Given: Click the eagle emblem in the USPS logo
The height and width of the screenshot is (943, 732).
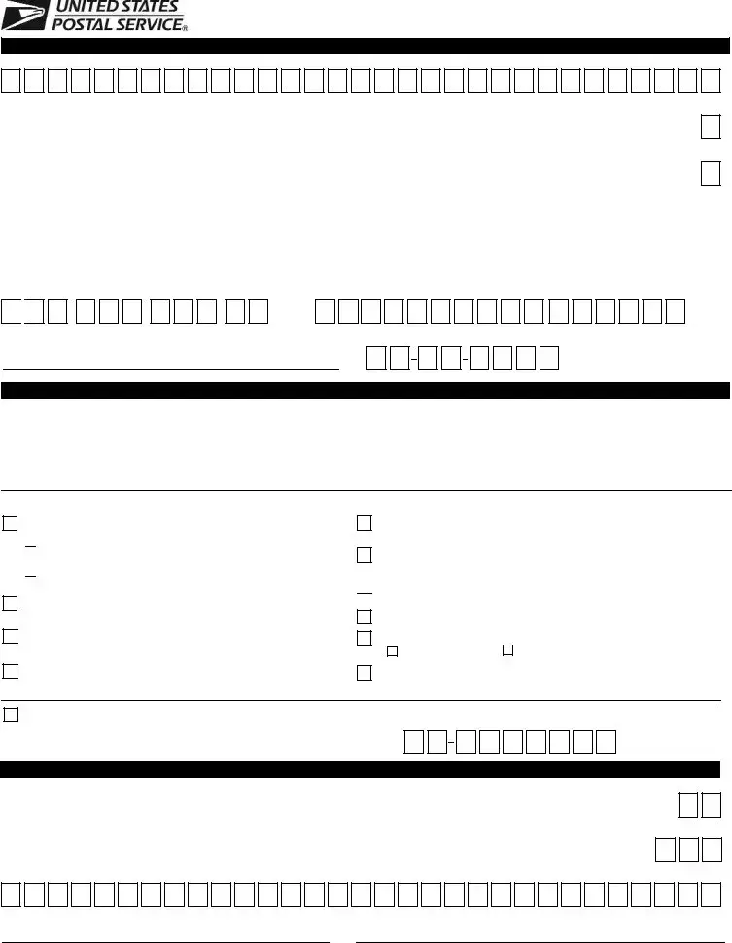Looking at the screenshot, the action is point(25,15).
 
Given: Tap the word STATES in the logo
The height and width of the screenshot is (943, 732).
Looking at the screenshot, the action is point(149,7).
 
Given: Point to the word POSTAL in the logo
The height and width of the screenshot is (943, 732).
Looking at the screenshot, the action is point(83,24).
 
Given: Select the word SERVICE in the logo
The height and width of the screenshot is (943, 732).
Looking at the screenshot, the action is point(149,24).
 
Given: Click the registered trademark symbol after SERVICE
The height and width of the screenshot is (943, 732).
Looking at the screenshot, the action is point(185,28).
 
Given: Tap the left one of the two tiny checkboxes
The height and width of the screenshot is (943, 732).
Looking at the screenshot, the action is point(392,651).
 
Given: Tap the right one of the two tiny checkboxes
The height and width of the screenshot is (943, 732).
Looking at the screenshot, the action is point(507,650).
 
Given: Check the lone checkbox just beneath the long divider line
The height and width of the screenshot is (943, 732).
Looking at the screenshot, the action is point(11,715).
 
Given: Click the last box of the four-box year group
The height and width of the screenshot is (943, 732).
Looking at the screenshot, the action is point(549,358).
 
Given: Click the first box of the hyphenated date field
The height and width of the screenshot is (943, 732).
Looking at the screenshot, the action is point(376,358).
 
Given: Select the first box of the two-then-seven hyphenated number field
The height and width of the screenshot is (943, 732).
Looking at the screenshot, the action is point(414,742).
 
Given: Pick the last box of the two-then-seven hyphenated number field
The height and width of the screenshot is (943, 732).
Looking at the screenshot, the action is point(607,742).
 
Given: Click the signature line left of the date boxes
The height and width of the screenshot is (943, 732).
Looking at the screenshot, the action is point(171,369).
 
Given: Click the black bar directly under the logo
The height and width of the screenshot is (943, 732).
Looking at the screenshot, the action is point(366,47).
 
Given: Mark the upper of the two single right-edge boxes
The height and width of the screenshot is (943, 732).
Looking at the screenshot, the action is point(711,126).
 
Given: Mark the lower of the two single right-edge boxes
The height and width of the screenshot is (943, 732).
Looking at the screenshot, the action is point(711,173).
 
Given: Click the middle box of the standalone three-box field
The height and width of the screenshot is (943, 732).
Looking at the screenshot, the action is point(688,850).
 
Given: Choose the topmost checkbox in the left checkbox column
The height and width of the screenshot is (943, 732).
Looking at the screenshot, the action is point(11,523).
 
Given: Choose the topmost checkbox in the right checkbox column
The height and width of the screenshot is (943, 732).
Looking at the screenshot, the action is point(365,523).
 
